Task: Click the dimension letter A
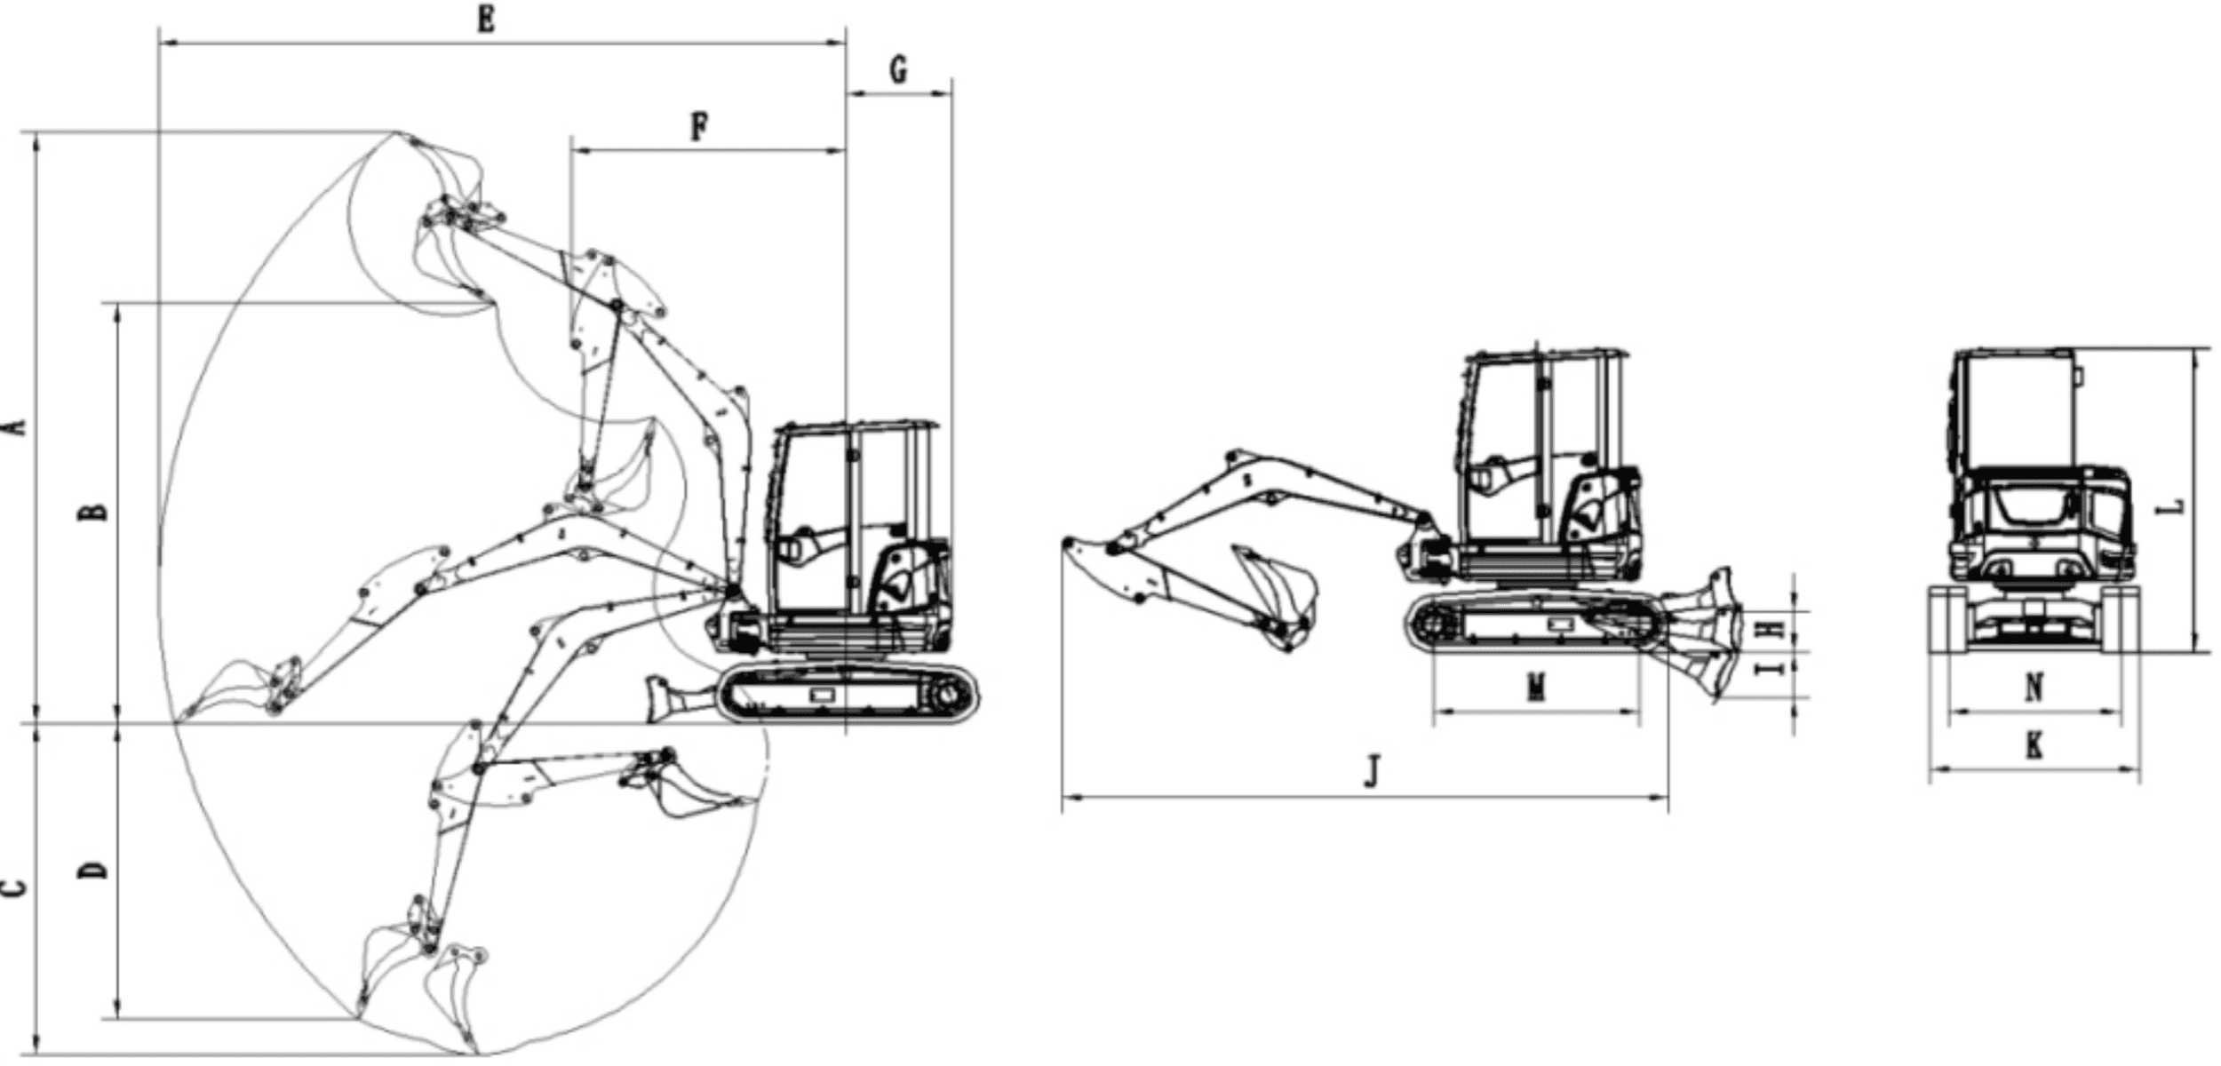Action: point(16,428)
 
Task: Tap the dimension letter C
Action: point(15,887)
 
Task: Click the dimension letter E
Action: point(485,19)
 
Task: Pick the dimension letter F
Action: point(700,128)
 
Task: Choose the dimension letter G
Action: point(899,69)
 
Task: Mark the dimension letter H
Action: point(1771,630)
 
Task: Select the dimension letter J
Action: point(1373,770)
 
